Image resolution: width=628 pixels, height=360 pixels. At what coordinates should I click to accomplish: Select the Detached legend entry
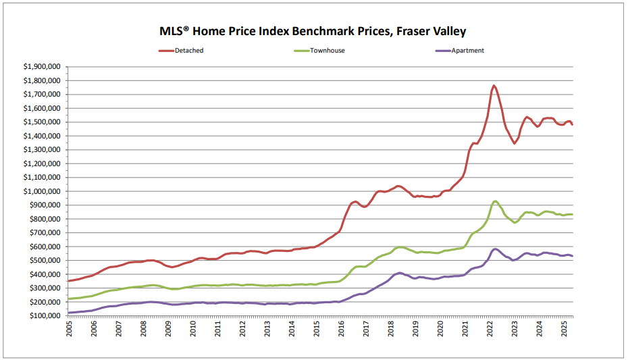tap(189, 51)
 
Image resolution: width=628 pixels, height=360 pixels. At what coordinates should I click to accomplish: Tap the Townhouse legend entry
tap(328, 51)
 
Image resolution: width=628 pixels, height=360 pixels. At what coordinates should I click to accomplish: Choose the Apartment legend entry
tap(469, 51)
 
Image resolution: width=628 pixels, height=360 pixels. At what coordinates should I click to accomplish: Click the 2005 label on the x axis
tap(70, 329)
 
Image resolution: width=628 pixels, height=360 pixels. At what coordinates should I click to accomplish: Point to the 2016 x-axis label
tap(342, 329)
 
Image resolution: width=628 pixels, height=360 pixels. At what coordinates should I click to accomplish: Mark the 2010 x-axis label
tap(193, 329)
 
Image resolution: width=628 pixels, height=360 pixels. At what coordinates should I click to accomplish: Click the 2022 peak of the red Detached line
tap(494, 86)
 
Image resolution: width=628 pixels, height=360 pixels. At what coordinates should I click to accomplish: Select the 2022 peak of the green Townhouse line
tap(495, 201)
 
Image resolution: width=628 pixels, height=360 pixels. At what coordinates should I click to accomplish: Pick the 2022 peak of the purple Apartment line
tap(495, 249)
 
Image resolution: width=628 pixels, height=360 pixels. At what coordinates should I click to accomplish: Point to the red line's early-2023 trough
tap(515, 143)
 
